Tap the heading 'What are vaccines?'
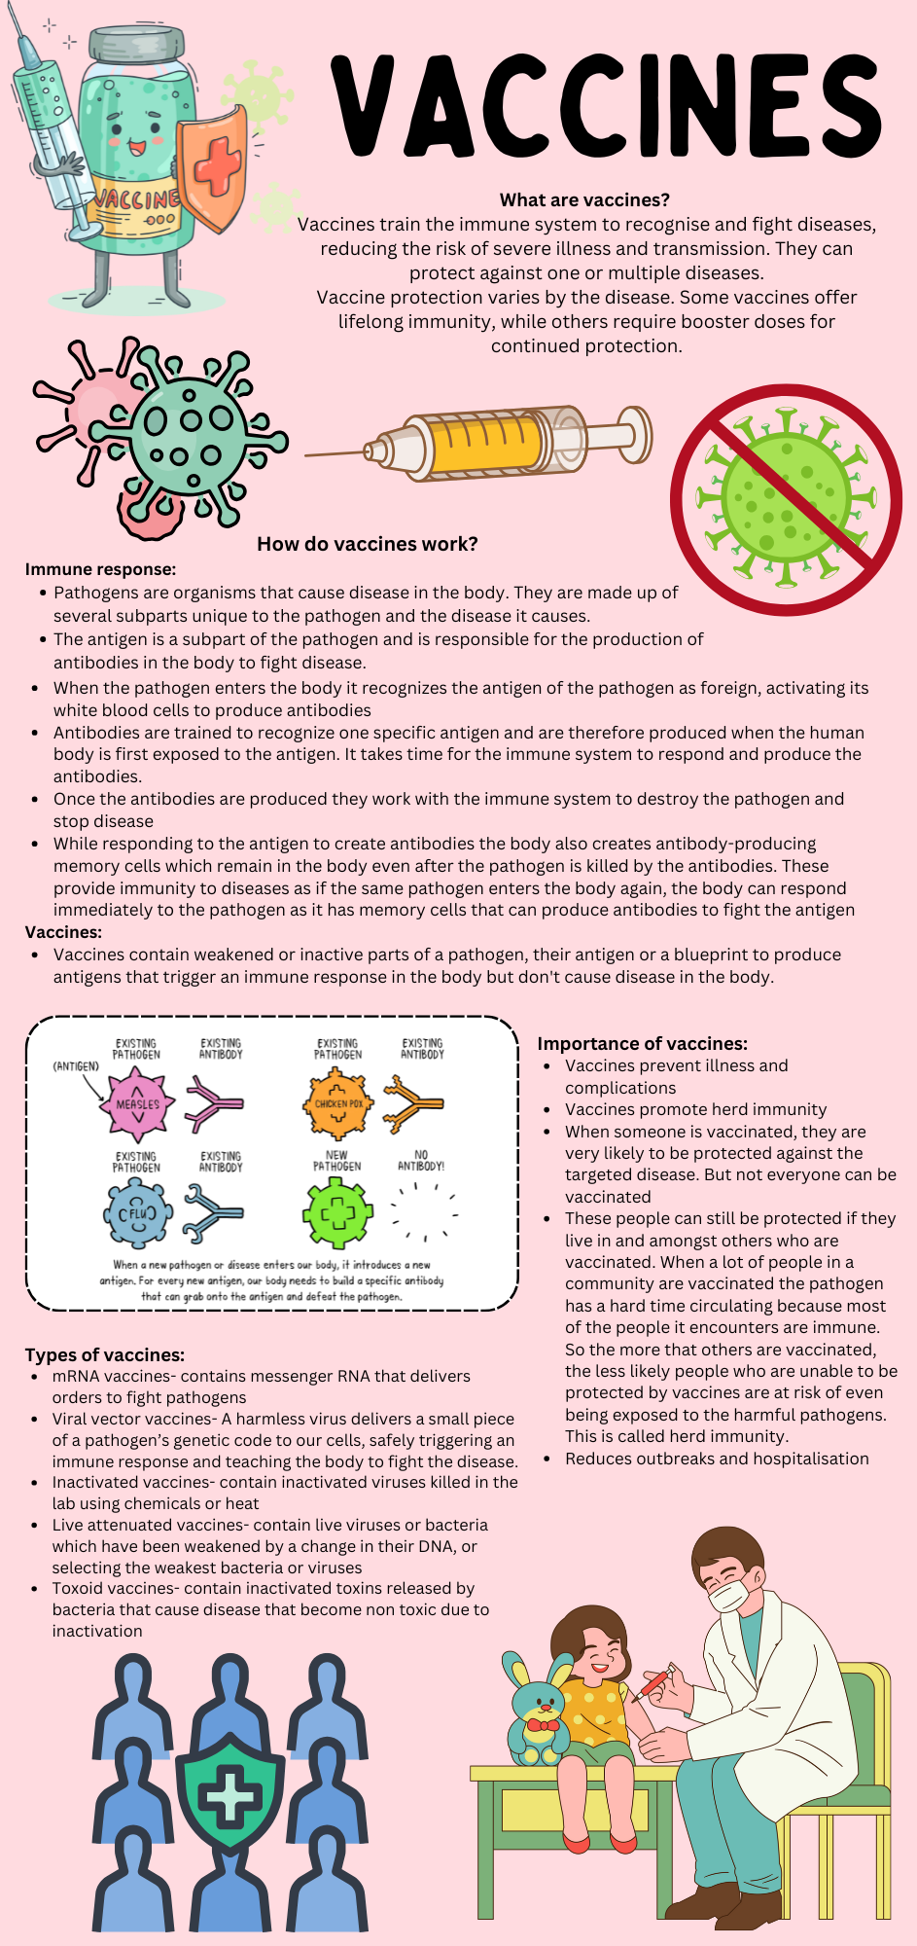tap(584, 200)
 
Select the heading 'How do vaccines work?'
tap(367, 544)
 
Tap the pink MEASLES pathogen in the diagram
tap(137, 1104)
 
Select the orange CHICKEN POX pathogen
tap(338, 1103)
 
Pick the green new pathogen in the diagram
tap(337, 1213)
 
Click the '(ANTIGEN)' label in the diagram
tap(75, 1066)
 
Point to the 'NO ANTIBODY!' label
tap(421, 1160)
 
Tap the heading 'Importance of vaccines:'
tap(642, 1044)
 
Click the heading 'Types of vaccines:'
tap(104, 1355)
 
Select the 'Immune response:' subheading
tap(100, 569)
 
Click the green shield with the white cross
tap(230, 1791)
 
